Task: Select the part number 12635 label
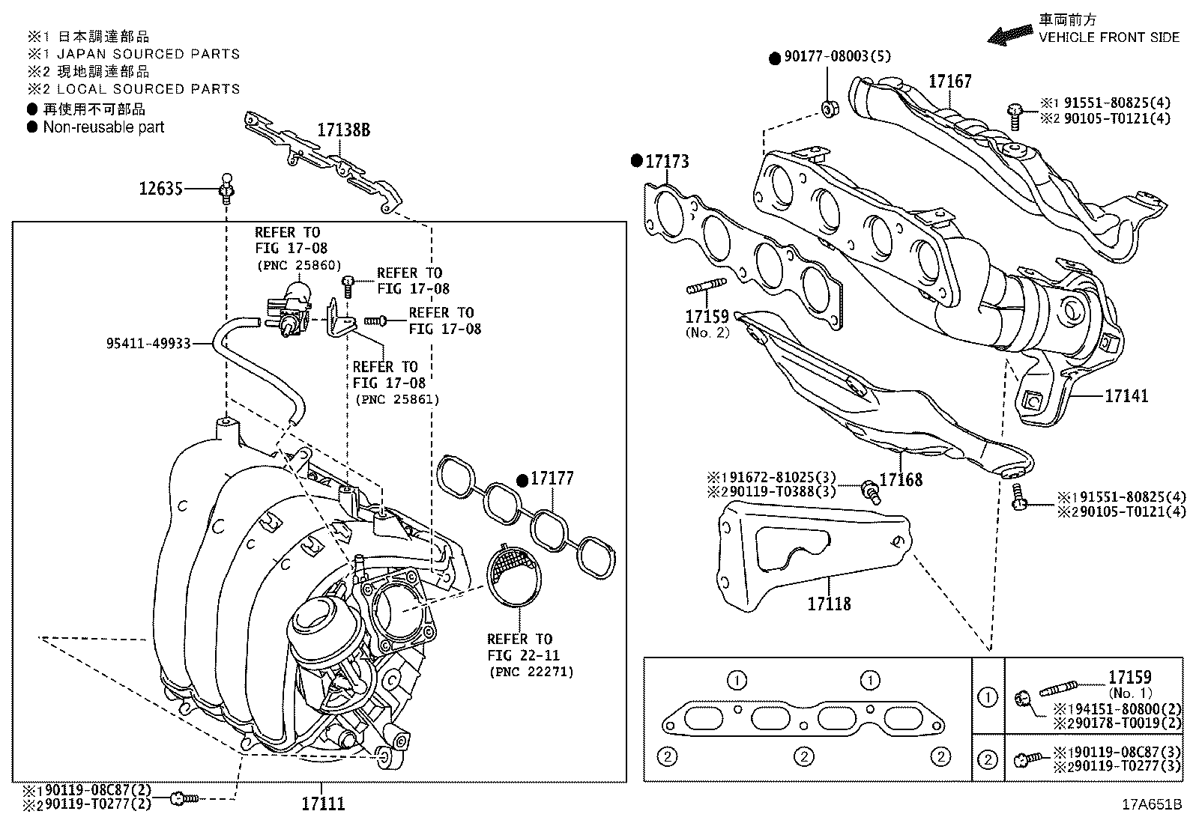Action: (x=160, y=189)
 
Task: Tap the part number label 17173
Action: (x=667, y=161)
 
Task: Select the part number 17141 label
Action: (x=1126, y=395)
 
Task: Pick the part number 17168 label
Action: (x=901, y=479)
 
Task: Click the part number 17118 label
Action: (x=829, y=603)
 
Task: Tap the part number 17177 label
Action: (x=552, y=479)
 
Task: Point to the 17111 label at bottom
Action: (x=323, y=804)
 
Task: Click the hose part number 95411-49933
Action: (x=148, y=344)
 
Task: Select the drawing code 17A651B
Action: (x=1151, y=806)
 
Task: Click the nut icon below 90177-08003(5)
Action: (x=829, y=108)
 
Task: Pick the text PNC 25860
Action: (x=298, y=265)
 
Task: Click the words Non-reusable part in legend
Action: (x=103, y=127)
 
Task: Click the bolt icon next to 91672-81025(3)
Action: (x=869, y=491)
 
